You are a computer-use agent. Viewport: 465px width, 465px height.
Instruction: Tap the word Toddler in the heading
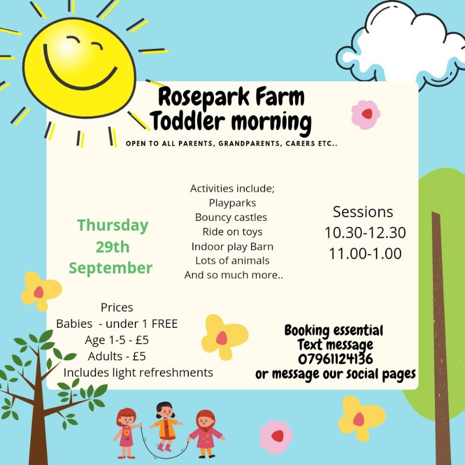187,121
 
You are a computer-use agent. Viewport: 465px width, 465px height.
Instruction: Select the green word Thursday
113,226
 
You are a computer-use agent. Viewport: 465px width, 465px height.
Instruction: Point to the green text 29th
113,246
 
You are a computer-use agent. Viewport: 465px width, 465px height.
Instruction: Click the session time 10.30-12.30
365,233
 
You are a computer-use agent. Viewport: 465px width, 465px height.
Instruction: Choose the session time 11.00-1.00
365,253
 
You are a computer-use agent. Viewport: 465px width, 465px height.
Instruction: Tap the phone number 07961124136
335,359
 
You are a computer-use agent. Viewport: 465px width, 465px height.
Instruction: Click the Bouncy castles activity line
231,217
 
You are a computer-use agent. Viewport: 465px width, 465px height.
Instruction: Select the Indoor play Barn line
232,246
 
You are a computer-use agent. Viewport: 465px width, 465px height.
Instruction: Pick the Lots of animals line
232,260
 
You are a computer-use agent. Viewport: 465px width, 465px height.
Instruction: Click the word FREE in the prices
164,324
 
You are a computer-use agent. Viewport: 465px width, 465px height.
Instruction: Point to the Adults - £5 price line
117,356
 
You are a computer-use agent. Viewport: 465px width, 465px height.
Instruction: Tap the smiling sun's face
79,67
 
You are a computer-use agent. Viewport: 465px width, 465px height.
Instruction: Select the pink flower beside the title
366,115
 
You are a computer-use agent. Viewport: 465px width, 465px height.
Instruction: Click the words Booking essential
334,331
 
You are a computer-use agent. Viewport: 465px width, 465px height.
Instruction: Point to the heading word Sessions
363,212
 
